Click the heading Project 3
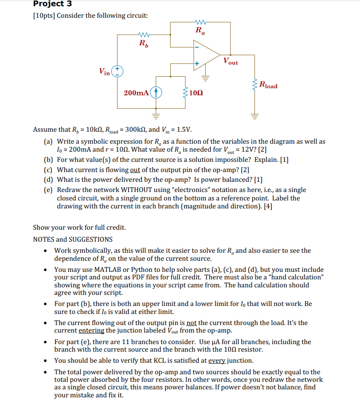coord(53,4)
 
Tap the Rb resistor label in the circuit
coord(144,43)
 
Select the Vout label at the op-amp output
coord(231,61)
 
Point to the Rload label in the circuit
coord(268,85)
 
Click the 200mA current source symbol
coord(156,93)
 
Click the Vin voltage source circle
coord(117,71)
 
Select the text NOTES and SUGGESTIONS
coord(73,239)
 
